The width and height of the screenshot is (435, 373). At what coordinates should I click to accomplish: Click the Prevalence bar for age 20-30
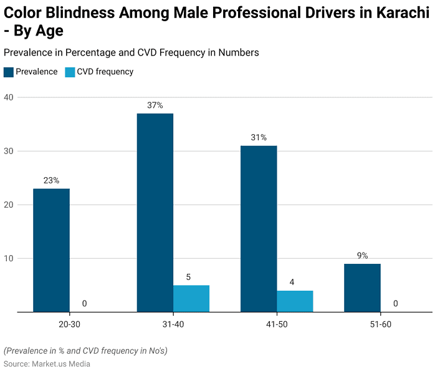[51, 249]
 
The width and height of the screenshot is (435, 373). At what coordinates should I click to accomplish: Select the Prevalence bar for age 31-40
[155, 212]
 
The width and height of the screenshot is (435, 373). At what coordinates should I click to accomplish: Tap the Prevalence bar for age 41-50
[259, 228]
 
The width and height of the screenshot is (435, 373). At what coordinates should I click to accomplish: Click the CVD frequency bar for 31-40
[191, 298]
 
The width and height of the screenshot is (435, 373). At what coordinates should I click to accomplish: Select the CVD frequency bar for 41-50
[295, 301]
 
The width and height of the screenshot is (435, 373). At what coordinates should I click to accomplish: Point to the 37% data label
[155, 105]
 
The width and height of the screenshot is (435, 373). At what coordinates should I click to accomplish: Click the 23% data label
[51, 180]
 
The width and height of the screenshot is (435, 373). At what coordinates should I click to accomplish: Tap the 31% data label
[259, 137]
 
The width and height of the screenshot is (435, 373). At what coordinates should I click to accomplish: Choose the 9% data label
[362, 255]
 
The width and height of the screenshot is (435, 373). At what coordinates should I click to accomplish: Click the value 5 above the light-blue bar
[188, 277]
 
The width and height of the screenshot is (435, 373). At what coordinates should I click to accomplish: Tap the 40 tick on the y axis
[8, 97]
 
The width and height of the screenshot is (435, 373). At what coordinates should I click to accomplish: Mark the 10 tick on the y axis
[8, 258]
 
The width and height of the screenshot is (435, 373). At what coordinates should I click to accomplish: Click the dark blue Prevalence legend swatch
[8, 72]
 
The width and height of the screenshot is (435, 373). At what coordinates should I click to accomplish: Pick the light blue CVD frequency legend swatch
[69, 72]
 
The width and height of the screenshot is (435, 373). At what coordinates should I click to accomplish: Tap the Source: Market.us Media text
[47, 364]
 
